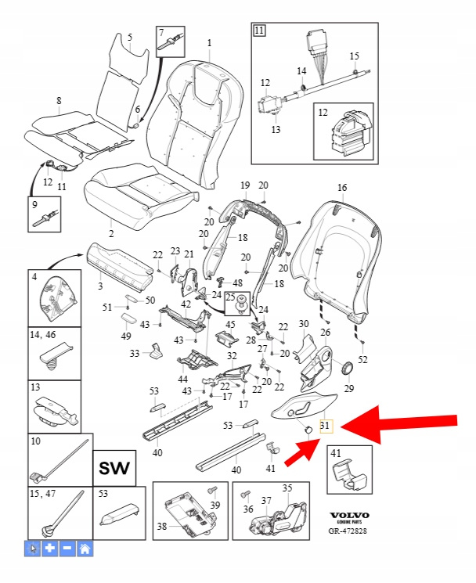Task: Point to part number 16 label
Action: pyautogui.click(x=341, y=188)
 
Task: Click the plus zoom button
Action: pyautogui.click(x=49, y=548)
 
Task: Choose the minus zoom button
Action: pyautogui.click(x=67, y=548)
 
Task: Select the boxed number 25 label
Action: pyautogui.click(x=230, y=298)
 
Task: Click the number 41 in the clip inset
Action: pyautogui.click(x=335, y=454)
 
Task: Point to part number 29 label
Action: pyautogui.click(x=349, y=389)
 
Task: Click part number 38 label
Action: pyautogui.click(x=160, y=527)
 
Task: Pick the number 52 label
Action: pyautogui.click(x=362, y=359)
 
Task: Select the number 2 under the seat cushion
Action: pyautogui.click(x=110, y=234)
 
